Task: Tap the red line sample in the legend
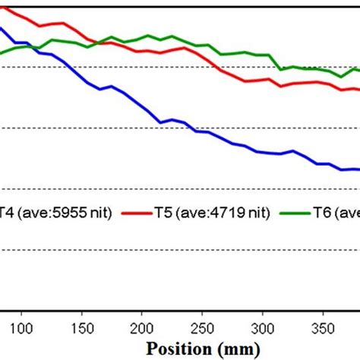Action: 138,214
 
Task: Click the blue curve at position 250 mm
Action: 201,131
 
